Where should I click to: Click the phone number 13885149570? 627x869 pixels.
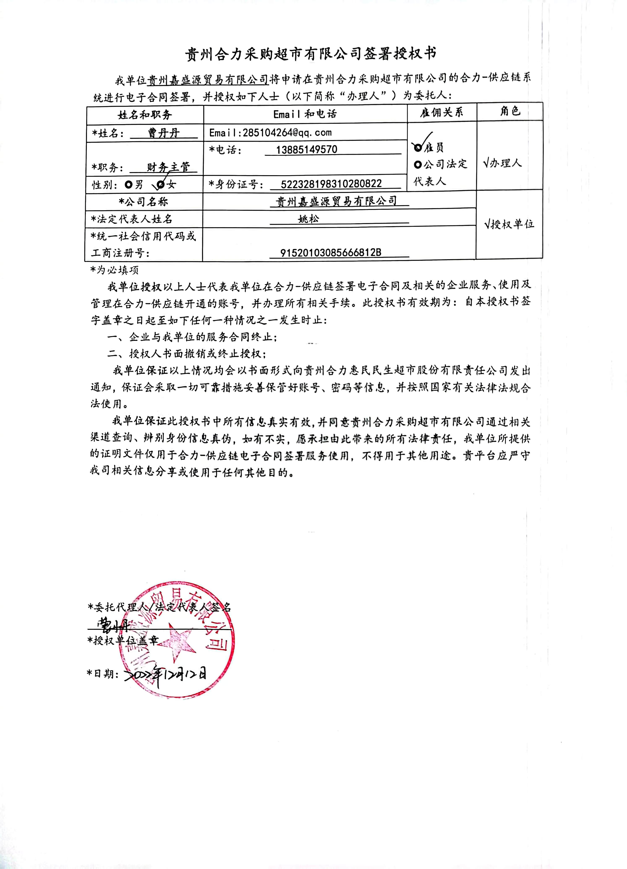[x=306, y=149]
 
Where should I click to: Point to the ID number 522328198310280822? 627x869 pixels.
[x=331, y=184]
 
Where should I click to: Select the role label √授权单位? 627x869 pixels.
[x=509, y=224]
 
